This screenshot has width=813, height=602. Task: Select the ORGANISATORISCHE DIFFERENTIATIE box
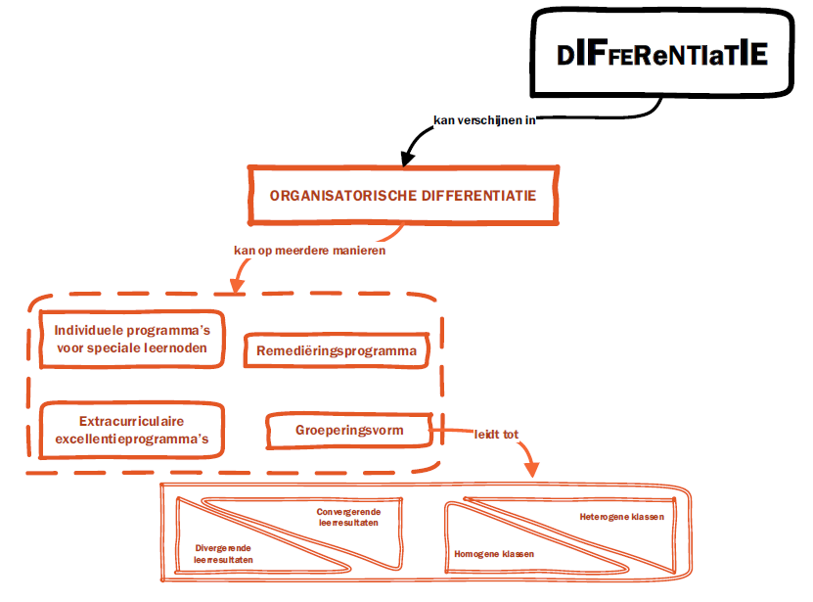(x=403, y=195)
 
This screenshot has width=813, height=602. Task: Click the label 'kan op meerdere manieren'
(x=309, y=250)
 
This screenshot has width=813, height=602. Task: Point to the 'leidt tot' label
(x=496, y=433)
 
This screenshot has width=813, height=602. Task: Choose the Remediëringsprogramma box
(x=337, y=350)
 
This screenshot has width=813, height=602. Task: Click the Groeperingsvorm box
(x=348, y=430)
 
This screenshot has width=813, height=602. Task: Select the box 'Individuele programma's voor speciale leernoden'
(x=131, y=338)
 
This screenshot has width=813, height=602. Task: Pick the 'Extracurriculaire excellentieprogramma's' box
(x=131, y=430)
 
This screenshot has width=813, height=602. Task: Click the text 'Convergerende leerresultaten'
(x=348, y=517)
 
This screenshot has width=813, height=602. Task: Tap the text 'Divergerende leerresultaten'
(x=224, y=554)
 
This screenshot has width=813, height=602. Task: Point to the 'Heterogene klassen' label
(x=621, y=517)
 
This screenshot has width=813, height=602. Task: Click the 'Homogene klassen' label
(x=494, y=554)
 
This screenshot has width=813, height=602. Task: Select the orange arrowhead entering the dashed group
(x=236, y=287)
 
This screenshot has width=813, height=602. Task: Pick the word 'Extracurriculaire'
(x=132, y=421)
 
